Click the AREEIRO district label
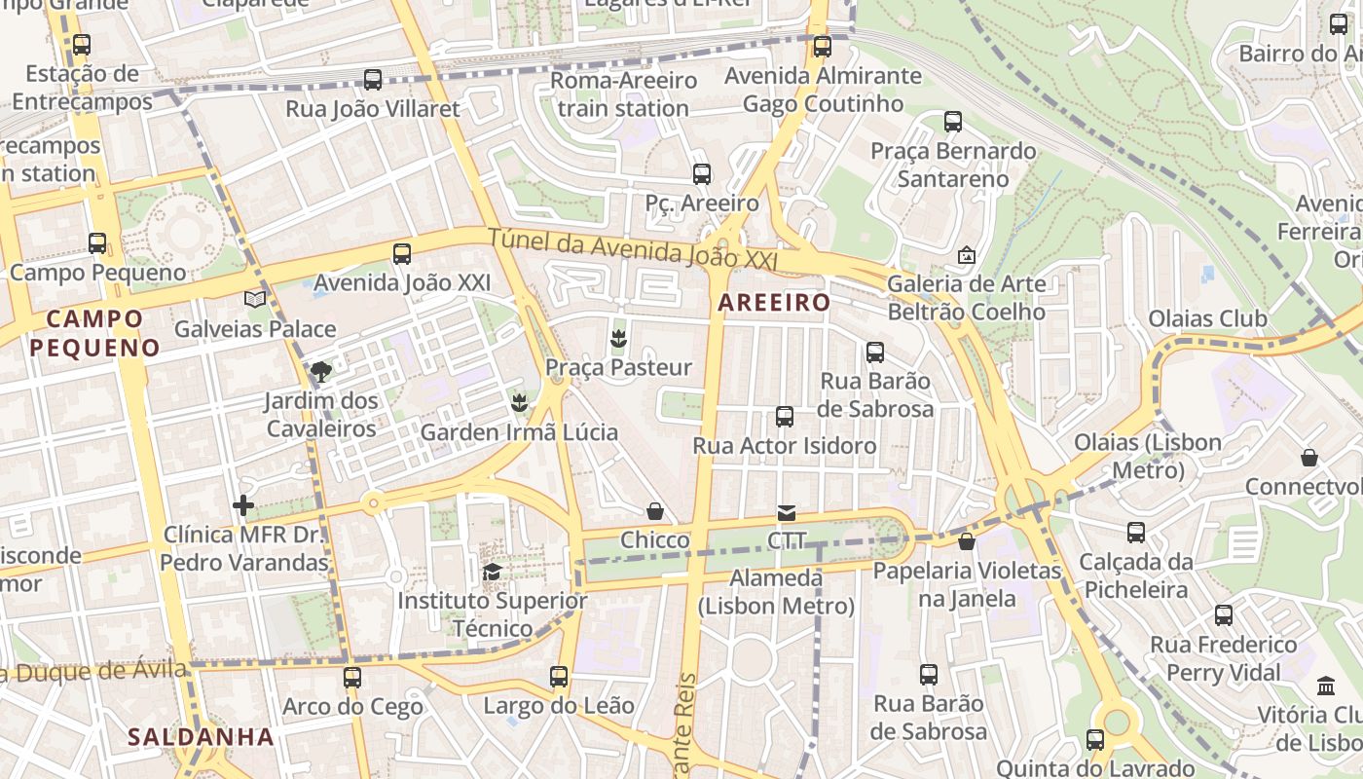click(774, 303)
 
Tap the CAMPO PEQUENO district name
click(94, 333)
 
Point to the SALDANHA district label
click(201, 737)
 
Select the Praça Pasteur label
click(618, 368)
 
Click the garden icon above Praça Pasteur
click(617, 339)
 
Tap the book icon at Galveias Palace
click(255, 299)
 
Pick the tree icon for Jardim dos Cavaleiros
click(319, 371)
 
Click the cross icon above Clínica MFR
click(243, 504)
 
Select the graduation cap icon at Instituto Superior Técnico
click(492, 572)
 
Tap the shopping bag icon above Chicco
click(655, 511)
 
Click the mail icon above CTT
click(786, 512)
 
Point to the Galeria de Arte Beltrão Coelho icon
click(966, 255)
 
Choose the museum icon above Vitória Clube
click(1326, 686)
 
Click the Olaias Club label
click(1207, 318)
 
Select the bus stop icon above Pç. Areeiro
click(702, 174)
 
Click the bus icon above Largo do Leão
click(558, 676)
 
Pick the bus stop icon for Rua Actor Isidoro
click(785, 417)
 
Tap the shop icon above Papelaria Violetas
click(967, 541)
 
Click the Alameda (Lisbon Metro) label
click(776, 592)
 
